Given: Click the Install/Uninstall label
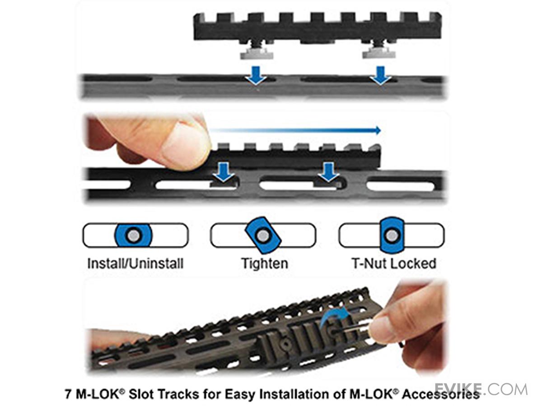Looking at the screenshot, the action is (x=135, y=264).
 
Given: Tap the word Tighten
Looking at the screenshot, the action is (x=265, y=264).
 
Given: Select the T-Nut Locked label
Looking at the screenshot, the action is (x=394, y=263).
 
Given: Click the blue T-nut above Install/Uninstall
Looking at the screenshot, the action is (x=133, y=235).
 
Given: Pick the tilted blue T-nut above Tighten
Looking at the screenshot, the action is (x=263, y=235).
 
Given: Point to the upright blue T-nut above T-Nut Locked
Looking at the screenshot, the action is (x=392, y=235).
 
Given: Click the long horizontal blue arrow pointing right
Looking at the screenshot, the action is (x=295, y=130).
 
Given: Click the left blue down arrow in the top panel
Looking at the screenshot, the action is (x=256, y=75).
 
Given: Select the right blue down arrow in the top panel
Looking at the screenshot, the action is (x=381, y=75).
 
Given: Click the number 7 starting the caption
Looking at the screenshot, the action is (x=68, y=394).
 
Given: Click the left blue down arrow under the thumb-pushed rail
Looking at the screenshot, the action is (x=224, y=172).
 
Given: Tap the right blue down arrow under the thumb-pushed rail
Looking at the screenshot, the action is (x=328, y=172).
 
